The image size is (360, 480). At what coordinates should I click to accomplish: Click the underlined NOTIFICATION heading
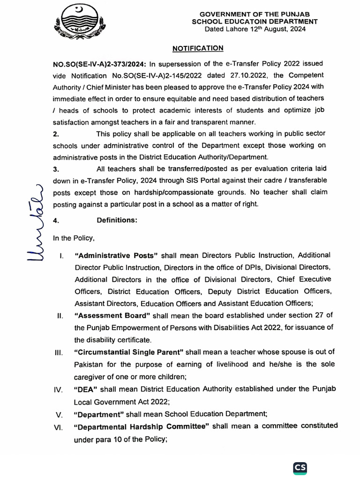[x=198, y=48]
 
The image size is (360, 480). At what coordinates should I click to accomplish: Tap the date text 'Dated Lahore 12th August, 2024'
[x=255, y=29]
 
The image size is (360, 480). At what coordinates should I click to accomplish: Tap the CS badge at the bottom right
[x=300, y=468]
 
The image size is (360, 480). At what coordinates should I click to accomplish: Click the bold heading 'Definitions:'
[x=117, y=220]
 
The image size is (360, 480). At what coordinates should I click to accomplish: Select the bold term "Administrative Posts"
[x=117, y=255]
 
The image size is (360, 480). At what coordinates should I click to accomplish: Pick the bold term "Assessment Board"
[x=110, y=315]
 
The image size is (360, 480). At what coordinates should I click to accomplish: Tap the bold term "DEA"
[x=85, y=389]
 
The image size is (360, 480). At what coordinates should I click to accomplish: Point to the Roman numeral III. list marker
[x=58, y=352]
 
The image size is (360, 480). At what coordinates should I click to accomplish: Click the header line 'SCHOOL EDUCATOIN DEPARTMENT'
[x=255, y=22]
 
